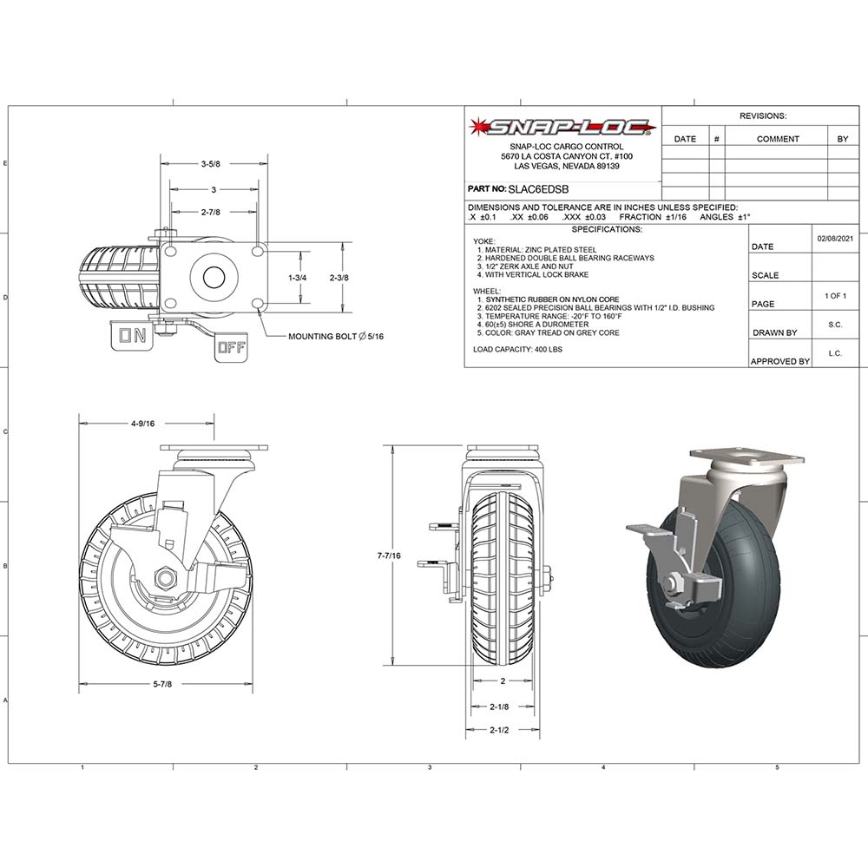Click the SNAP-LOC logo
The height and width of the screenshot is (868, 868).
click(562, 128)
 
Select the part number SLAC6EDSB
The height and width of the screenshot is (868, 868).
click(537, 188)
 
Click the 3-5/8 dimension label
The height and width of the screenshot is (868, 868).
click(209, 163)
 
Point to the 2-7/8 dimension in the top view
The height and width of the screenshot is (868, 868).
click(209, 212)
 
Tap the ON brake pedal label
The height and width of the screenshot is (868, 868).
click(133, 337)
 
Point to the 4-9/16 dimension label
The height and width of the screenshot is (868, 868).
click(142, 424)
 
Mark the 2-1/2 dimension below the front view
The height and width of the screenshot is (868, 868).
click(498, 730)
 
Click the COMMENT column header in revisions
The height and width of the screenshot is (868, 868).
click(778, 139)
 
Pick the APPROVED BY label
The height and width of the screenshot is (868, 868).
click(779, 361)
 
